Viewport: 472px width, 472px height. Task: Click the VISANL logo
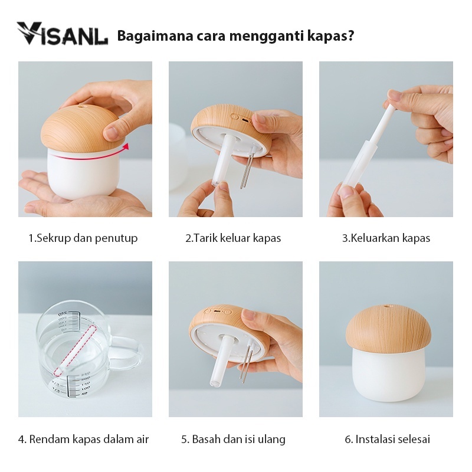pos(62,34)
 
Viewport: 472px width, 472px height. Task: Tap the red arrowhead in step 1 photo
pos(126,146)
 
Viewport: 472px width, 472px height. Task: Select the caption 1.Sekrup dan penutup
pos(83,238)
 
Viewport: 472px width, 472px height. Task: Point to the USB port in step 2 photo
pos(246,120)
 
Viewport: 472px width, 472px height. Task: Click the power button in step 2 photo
pos(234,116)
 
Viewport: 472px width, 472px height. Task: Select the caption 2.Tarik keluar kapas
pos(233,238)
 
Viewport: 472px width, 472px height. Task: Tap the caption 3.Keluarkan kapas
pos(386,238)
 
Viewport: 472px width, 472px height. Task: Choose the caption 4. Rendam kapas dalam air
pos(83,439)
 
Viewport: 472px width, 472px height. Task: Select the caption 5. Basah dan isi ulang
pos(233,439)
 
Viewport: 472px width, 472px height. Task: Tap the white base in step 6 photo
pos(389,376)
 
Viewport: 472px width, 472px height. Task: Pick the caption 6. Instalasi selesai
pos(387,439)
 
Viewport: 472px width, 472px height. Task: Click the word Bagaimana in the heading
pos(155,36)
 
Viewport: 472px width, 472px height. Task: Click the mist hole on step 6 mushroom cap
pos(386,307)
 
